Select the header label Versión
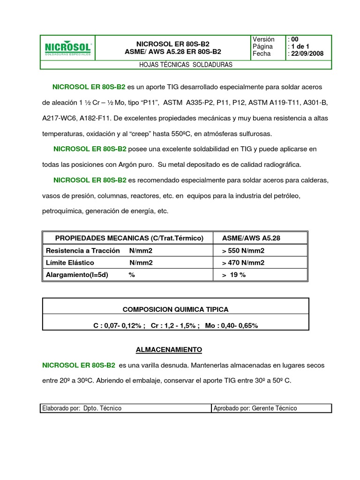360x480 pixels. point(263,39)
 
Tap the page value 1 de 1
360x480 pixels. point(300,47)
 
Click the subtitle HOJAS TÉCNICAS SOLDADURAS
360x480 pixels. point(186,65)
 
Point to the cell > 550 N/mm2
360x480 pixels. point(243,250)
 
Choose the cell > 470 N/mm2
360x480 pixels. point(243,262)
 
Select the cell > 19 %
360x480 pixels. point(234,275)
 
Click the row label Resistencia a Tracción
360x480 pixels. point(83,250)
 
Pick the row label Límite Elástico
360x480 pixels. point(70,262)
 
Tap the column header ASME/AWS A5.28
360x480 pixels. point(251,238)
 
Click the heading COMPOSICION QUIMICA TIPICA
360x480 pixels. point(175,309)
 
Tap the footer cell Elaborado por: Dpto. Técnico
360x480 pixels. point(82,408)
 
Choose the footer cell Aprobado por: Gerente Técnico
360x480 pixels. point(255,408)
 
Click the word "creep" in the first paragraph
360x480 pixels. point(138,134)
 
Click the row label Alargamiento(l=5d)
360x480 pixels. point(77,275)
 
